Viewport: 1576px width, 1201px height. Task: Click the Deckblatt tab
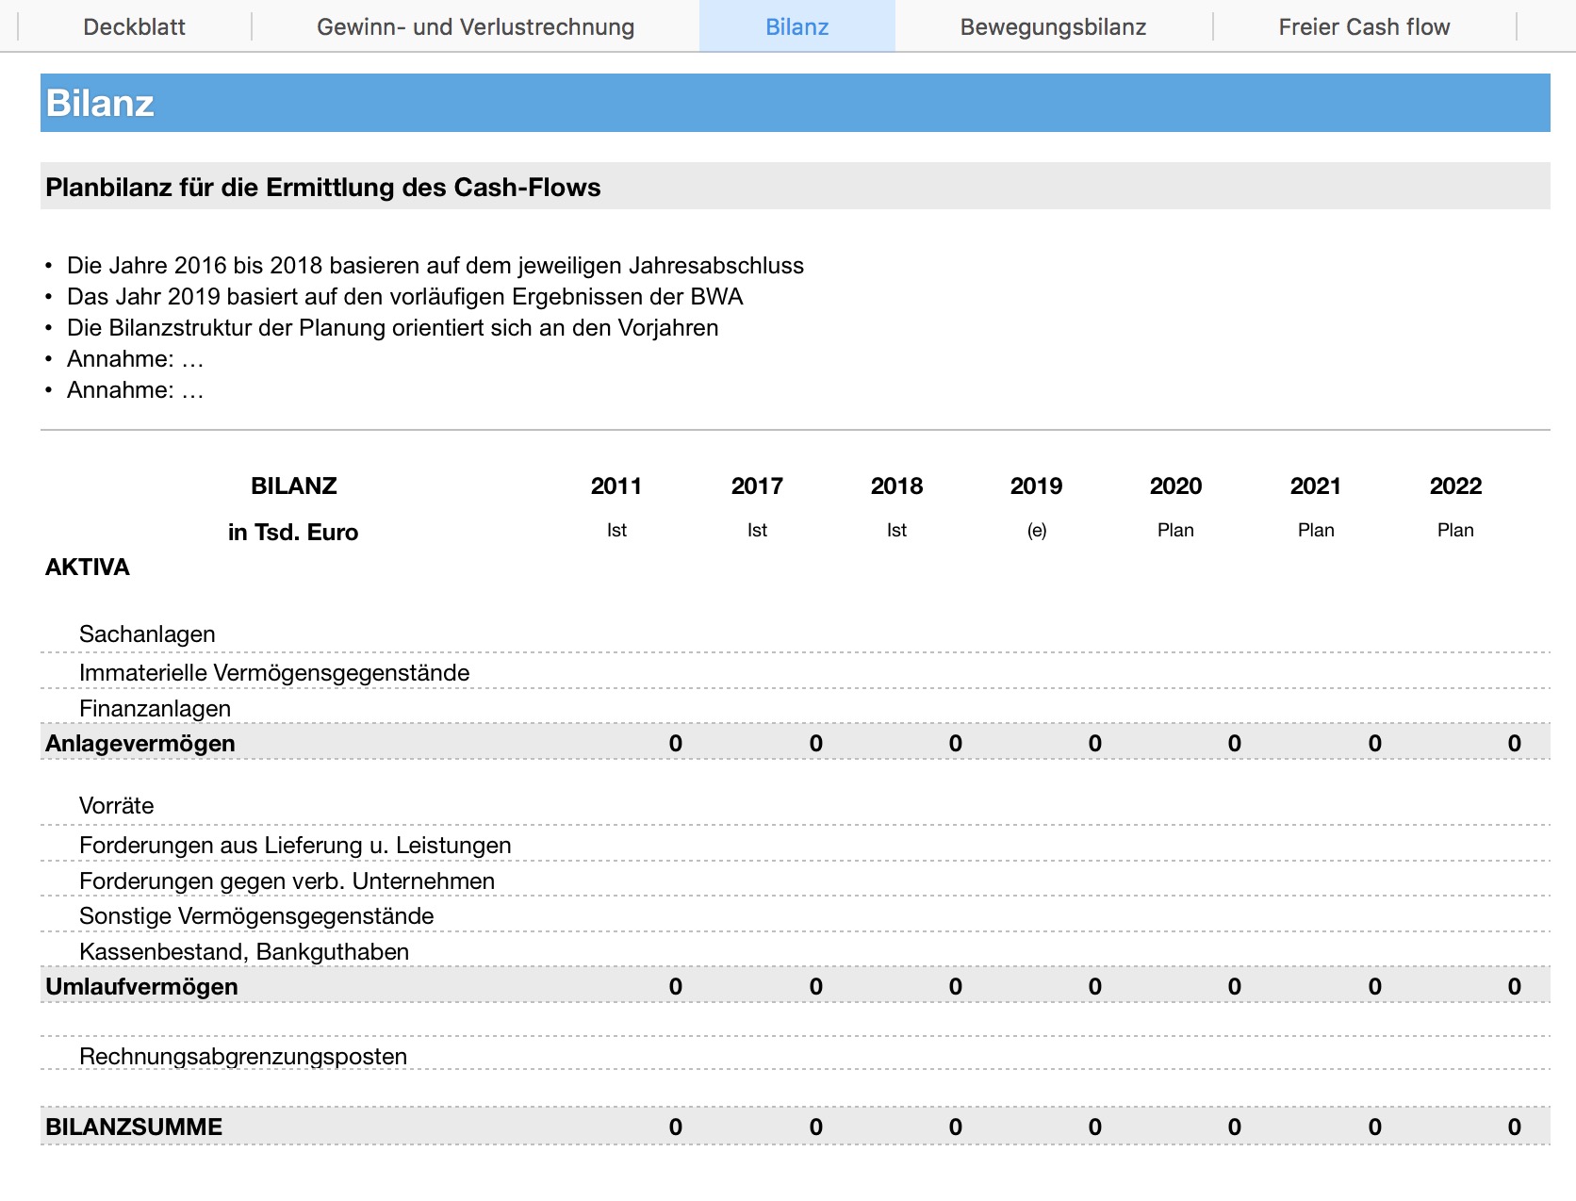click(134, 27)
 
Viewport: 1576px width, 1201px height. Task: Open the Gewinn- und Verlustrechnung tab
click(475, 27)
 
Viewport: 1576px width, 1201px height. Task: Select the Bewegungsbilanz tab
click(1053, 27)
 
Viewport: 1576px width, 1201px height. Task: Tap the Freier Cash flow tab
click(1364, 27)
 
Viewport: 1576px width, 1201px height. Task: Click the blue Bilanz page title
click(100, 104)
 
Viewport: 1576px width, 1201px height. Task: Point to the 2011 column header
click(616, 486)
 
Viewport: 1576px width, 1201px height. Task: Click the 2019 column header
click(1036, 486)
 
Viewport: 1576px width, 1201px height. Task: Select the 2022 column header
click(1455, 486)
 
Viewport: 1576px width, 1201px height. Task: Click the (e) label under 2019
click(1036, 531)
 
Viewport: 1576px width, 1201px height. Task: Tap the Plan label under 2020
click(1175, 531)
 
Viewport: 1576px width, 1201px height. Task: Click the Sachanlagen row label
click(147, 634)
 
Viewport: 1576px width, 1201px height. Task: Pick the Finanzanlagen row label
click(155, 709)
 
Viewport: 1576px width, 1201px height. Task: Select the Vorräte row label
click(116, 806)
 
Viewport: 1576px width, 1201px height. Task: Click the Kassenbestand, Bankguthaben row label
click(243, 952)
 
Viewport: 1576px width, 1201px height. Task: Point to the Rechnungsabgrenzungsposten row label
click(242, 1057)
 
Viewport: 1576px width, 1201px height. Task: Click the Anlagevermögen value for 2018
click(955, 744)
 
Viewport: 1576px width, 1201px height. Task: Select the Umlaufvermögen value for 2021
click(1374, 987)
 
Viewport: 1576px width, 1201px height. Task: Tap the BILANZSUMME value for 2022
click(1514, 1127)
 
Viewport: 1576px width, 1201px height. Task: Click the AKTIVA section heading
click(88, 568)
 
